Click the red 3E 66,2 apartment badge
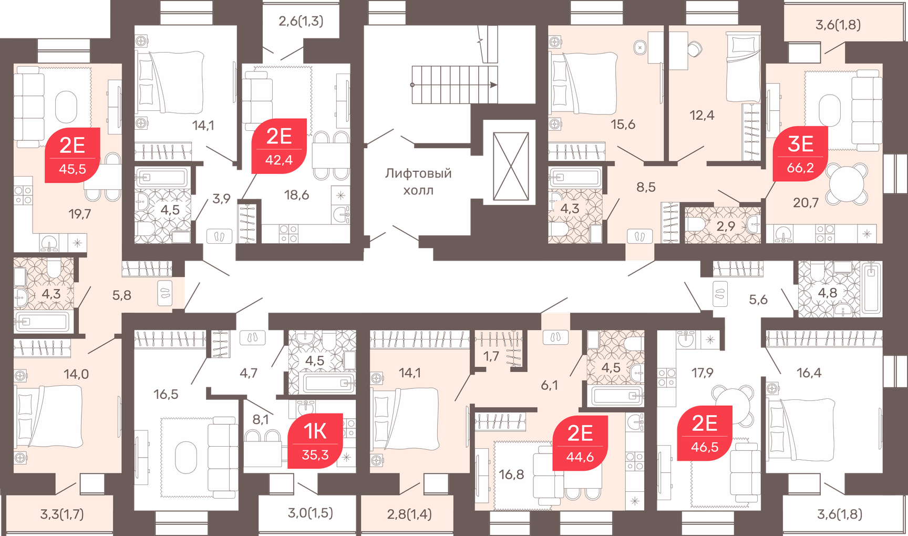tap(800, 153)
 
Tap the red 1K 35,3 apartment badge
tap(315, 441)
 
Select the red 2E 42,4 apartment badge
tap(279, 146)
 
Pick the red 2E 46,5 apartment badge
tap(705, 433)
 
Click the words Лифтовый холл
tap(418, 181)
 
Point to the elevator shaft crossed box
tap(511, 167)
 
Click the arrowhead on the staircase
tap(493, 85)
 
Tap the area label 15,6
tap(623, 125)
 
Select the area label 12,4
tap(701, 115)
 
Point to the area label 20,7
tap(806, 202)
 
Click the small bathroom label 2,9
tap(726, 226)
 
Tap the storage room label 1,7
tap(491, 356)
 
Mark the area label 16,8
tap(511, 475)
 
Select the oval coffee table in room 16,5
tap(185, 457)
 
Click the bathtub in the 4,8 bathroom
tap(871, 288)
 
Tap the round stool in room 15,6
tap(639, 48)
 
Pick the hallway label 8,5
tap(646, 187)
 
